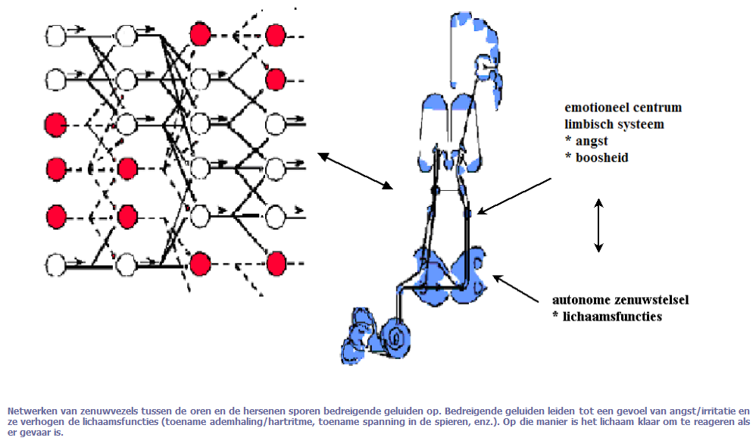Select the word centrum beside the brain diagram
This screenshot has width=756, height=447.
click(x=658, y=108)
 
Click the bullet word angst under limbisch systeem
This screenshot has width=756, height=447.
click(x=592, y=142)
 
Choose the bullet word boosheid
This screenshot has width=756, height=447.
click(x=601, y=158)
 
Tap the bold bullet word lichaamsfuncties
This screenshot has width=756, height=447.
click(x=612, y=317)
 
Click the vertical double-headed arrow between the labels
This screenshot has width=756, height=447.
click(x=598, y=225)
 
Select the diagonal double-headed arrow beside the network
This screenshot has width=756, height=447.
click(x=355, y=170)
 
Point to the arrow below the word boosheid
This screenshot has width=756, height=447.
click(x=514, y=196)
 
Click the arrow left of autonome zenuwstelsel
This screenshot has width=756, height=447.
click(x=516, y=289)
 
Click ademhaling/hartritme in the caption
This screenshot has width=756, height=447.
click(x=264, y=422)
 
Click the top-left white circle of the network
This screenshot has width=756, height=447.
click(x=56, y=36)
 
